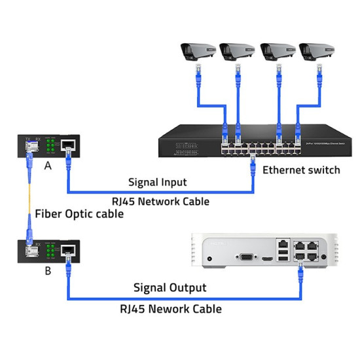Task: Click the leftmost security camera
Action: click(x=196, y=51)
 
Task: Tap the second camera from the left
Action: click(x=236, y=51)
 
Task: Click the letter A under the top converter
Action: click(x=48, y=166)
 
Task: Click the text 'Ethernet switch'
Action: click(x=301, y=170)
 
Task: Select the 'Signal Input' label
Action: click(x=157, y=182)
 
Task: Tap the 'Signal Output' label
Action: click(x=170, y=287)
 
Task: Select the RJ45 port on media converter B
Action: click(x=68, y=250)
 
